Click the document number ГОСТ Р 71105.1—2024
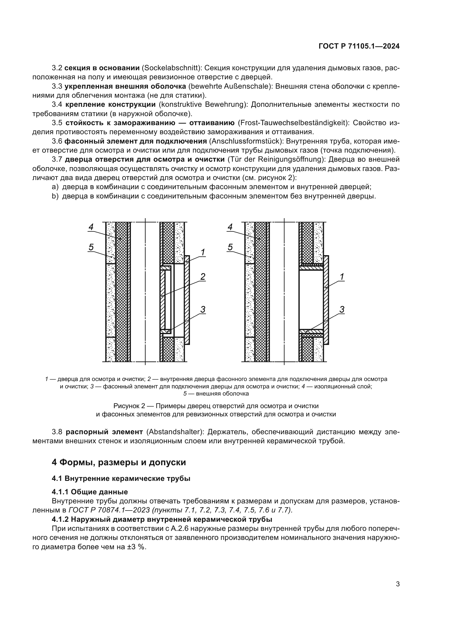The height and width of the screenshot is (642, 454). (x=359, y=46)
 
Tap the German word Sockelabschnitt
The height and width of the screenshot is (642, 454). (x=171, y=68)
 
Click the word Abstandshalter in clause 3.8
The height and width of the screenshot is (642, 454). (x=175, y=432)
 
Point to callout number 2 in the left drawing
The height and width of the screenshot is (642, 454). (x=203, y=277)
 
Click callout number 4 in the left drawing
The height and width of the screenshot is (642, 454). (x=91, y=227)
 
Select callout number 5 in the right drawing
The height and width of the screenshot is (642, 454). (x=230, y=247)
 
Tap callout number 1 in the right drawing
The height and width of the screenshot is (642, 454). (x=342, y=277)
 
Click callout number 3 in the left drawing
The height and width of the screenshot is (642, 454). (x=203, y=310)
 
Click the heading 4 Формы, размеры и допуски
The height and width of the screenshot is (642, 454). (x=119, y=462)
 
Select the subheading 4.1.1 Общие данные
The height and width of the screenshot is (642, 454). (x=90, y=492)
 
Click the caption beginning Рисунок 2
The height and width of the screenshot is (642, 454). (x=216, y=406)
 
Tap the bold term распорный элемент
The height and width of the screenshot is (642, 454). (x=104, y=432)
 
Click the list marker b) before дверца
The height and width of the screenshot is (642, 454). (x=55, y=196)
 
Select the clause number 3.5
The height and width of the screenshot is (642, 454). (x=57, y=123)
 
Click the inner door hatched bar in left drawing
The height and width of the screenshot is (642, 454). (x=162, y=299)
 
